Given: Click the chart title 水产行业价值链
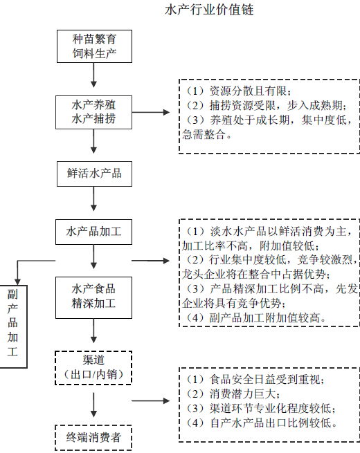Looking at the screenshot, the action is (209, 10).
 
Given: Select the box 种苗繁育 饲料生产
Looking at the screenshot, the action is (94, 46).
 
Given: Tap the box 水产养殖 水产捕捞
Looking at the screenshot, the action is (93, 112).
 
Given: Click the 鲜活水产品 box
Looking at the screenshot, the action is (94, 174).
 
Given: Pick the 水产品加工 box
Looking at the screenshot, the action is (93, 232).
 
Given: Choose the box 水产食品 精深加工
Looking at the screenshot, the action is (93, 297).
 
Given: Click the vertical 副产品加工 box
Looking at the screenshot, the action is (13, 326).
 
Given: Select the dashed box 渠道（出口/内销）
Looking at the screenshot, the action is (93, 367).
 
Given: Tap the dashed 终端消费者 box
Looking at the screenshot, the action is (93, 437).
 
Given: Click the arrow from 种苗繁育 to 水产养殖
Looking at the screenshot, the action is (93, 75).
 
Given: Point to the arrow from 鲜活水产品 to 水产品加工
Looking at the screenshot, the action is (93, 198).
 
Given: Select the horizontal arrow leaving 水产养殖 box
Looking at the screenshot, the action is (151, 112).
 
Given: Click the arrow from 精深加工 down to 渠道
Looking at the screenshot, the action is (93, 331).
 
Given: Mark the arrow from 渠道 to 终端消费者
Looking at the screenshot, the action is (93, 405).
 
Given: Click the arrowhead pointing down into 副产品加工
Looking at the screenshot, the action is (17, 281).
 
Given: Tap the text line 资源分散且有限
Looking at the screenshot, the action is (237, 91).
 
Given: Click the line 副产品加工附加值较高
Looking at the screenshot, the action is (255, 318).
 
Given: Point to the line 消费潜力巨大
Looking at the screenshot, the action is (231, 394).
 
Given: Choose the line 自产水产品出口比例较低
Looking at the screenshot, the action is (260, 423).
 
